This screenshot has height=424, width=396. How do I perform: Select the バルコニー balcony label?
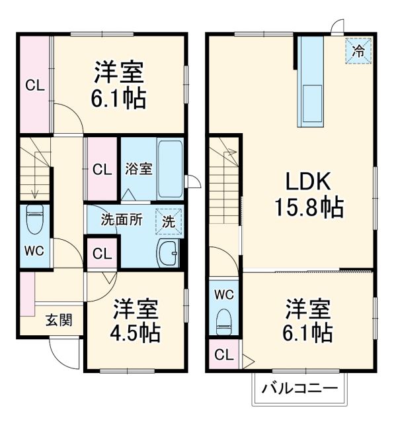[298, 388]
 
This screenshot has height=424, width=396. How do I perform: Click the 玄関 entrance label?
[59, 320]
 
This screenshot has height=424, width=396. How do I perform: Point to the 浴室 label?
[138, 168]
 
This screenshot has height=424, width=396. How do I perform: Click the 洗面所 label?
[121, 219]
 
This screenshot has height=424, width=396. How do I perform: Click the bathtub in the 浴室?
[170, 168]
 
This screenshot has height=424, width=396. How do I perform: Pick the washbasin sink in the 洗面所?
[169, 252]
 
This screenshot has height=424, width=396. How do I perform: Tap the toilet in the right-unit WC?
[223, 321]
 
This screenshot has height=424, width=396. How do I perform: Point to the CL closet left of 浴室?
[102, 169]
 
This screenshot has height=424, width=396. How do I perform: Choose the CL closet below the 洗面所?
[102, 252]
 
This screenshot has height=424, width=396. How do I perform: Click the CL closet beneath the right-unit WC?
[224, 354]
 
